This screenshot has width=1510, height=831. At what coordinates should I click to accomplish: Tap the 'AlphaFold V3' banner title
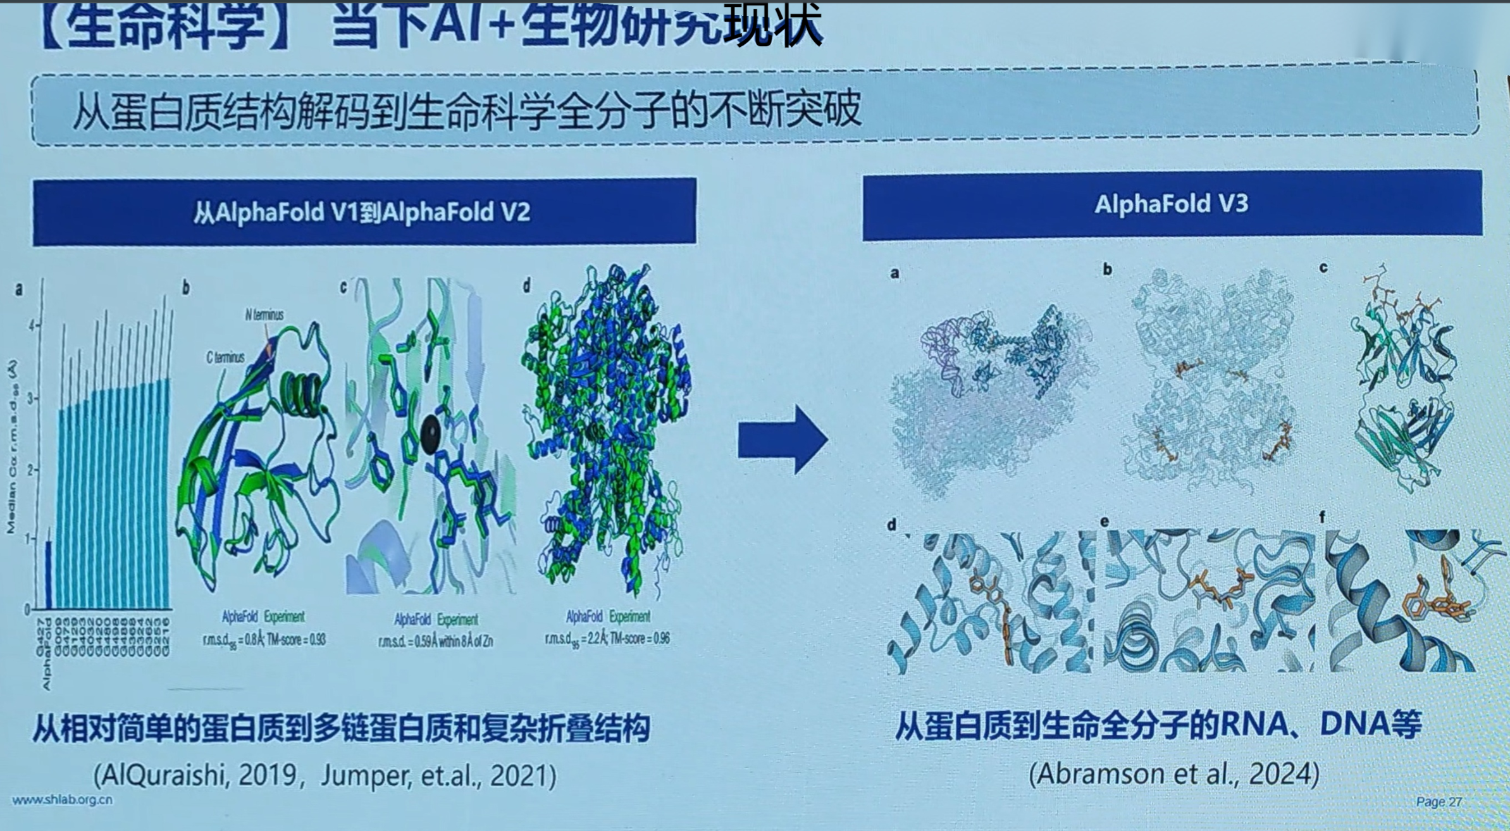pyautogui.click(x=1171, y=204)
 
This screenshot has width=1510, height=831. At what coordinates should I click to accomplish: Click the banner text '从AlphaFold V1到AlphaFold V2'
pyautogui.click(x=362, y=213)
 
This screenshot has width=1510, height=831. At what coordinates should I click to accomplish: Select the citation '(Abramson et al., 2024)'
pyautogui.click(x=1174, y=773)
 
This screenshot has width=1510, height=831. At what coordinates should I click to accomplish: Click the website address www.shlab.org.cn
pyautogui.click(x=63, y=800)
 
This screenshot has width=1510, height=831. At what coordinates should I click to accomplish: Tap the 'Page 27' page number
pyautogui.click(x=1439, y=802)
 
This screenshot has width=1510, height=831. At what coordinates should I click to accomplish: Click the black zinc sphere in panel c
pyautogui.click(x=431, y=434)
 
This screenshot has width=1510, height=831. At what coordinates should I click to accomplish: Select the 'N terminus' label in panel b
pyautogui.click(x=264, y=315)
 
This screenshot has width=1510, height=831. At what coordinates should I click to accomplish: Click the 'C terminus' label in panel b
pyautogui.click(x=225, y=358)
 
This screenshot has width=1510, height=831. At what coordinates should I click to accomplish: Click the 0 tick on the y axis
pyautogui.click(x=27, y=609)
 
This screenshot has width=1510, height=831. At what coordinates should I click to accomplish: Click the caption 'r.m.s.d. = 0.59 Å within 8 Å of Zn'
pyautogui.click(x=435, y=642)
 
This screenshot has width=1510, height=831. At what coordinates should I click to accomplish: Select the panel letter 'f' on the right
pyautogui.click(x=1322, y=518)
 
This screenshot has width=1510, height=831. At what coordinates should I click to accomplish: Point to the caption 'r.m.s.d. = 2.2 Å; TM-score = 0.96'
pyautogui.click(x=607, y=639)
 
